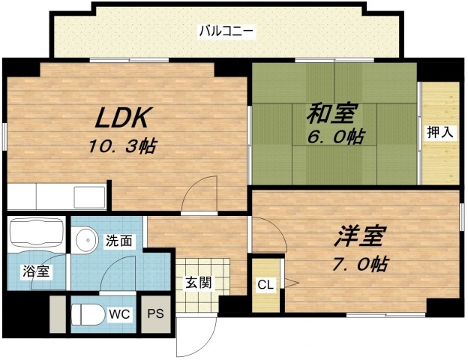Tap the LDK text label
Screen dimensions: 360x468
click(124, 118)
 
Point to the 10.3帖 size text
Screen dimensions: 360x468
click(123, 145)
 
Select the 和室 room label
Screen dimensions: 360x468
click(330, 114)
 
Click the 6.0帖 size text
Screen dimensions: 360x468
click(333, 137)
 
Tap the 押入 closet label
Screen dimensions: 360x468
click(439, 133)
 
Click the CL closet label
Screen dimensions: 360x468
click(265, 284)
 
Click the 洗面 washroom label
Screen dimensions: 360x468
click(118, 241)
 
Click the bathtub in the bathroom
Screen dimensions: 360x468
click(35, 235)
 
